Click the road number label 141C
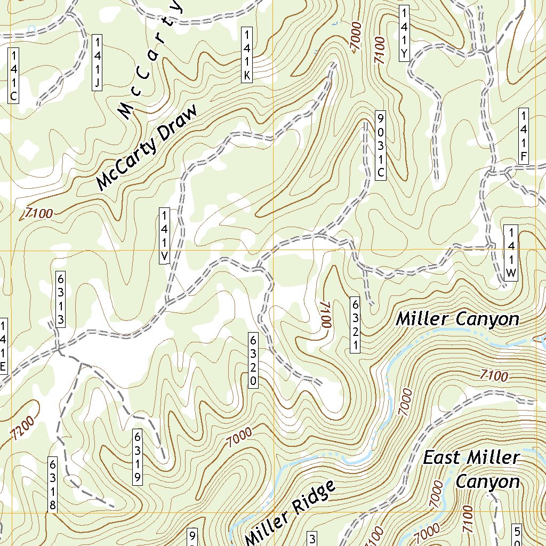(x=14, y=75)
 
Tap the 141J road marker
(x=98, y=62)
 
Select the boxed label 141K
(x=246, y=55)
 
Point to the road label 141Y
(x=405, y=33)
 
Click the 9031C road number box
(x=380, y=145)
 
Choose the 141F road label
(x=524, y=136)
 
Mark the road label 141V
(x=165, y=236)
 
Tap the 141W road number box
(x=511, y=253)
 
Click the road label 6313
(x=61, y=299)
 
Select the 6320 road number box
(x=253, y=360)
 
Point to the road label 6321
(x=354, y=324)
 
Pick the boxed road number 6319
(x=138, y=456)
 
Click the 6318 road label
(x=52, y=485)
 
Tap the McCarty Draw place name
(x=147, y=148)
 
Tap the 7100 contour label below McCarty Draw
(x=38, y=214)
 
